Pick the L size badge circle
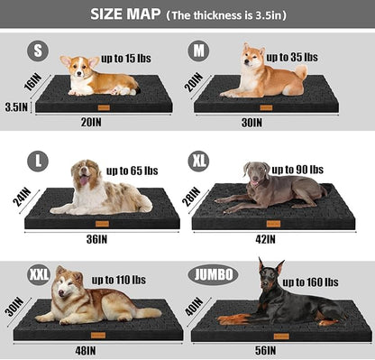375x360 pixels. click(38, 161)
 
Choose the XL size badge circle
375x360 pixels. click(199, 161)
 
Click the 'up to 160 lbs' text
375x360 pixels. click(310, 282)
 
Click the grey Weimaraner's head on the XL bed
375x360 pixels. click(255, 172)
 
